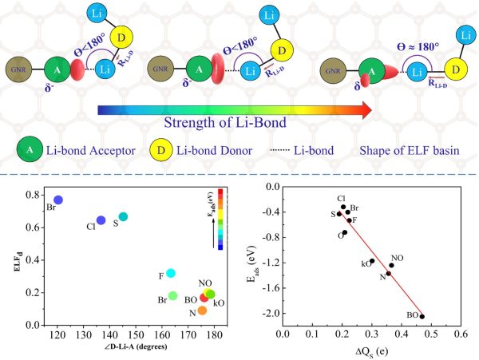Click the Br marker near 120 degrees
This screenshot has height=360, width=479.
58,200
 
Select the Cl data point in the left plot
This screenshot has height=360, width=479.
101,220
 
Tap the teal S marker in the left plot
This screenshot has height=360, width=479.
123,217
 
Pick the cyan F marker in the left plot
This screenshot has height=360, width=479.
171,273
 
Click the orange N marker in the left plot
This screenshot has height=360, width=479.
202,311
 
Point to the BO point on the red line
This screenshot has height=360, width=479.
422,316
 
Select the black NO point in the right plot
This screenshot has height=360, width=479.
391,265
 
